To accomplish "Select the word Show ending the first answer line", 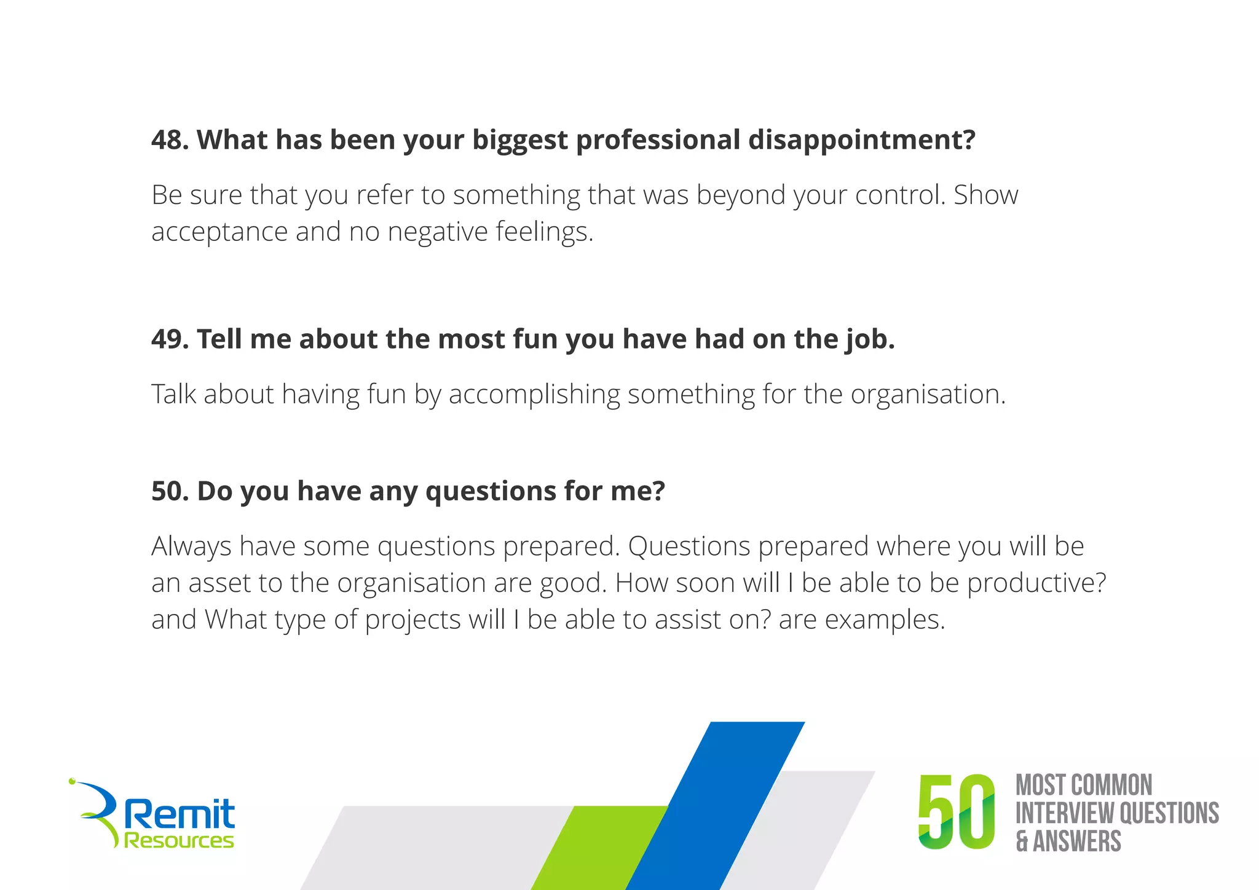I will tap(985, 195).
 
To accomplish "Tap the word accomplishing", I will tap(534, 395).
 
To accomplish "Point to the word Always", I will tap(191, 546).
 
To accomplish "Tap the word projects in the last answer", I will tap(412, 620).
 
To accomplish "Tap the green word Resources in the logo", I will tap(179, 840).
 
